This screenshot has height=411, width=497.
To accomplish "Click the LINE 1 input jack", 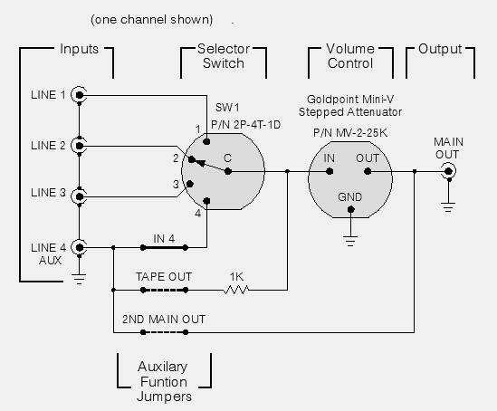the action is [x=79, y=95].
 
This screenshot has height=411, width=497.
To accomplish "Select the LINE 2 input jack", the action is [x=79, y=146].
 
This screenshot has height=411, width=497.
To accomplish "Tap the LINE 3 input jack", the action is [x=79, y=196].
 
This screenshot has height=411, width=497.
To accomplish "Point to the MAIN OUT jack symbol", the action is [x=448, y=171].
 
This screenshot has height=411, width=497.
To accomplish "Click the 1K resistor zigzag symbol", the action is [x=236, y=290].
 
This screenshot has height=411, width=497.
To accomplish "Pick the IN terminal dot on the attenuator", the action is [x=330, y=171].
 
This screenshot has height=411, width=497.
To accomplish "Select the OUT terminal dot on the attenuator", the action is [x=368, y=171].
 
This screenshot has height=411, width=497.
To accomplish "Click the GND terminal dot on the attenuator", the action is [x=350, y=209].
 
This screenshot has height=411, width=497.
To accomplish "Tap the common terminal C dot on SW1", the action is [x=227, y=171].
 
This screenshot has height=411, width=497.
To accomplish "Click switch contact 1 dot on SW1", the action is [x=206, y=141].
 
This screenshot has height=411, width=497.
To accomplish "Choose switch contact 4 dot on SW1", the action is [x=206, y=201].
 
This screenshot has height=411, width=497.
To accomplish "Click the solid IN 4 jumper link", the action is [x=164, y=247].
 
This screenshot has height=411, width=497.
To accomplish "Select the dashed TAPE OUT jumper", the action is [x=164, y=290].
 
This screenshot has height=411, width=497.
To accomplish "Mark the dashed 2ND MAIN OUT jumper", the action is [x=164, y=332].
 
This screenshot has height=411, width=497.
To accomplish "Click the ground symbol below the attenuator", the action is [x=350, y=241].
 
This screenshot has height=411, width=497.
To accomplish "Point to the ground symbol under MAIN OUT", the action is [x=448, y=207].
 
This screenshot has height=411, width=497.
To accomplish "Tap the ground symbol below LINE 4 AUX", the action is [x=79, y=279].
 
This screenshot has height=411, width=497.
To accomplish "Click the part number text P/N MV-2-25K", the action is [x=350, y=132].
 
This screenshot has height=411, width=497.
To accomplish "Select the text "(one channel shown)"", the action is [x=151, y=20].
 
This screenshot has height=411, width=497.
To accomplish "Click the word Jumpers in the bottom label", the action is [x=164, y=397].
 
